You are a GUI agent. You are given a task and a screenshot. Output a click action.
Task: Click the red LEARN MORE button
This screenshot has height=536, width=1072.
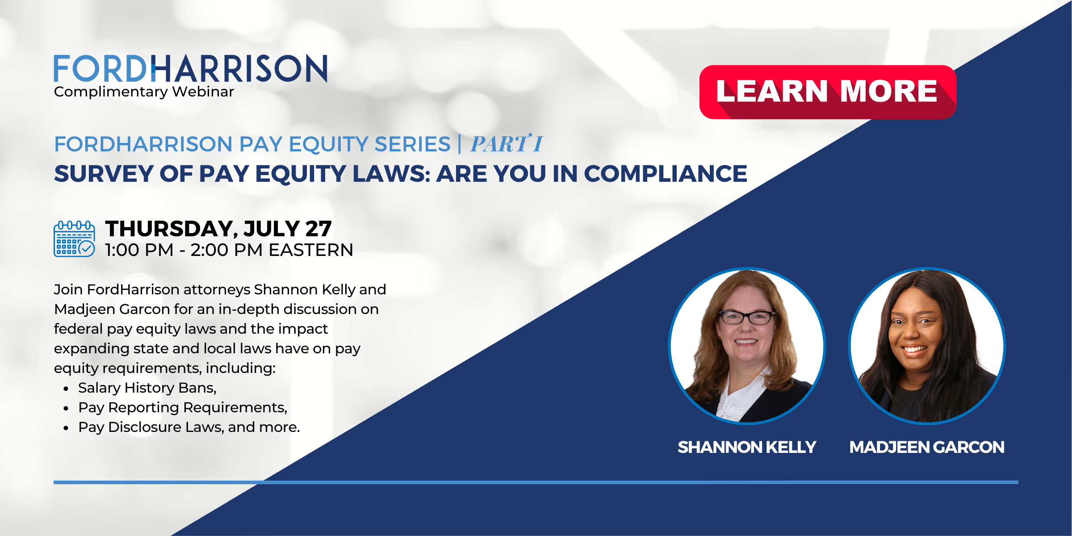[x=827, y=92]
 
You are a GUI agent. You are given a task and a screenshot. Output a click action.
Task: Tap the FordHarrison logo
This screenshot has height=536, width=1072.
[x=190, y=69]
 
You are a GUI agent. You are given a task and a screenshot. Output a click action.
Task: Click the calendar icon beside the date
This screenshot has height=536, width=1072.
[x=74, y=239]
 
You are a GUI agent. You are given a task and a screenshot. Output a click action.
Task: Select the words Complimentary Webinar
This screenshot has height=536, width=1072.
[x=144, y=92]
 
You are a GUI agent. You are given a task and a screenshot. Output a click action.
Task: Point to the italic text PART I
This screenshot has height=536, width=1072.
[x=507, y=144]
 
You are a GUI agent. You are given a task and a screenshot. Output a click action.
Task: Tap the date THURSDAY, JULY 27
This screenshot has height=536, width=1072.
[x=218, y=229]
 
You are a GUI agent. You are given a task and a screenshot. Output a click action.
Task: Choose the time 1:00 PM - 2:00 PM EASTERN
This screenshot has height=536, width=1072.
[x=229, y=250]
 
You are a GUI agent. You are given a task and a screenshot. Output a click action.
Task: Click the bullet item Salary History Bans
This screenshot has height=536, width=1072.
[x=147, y=388]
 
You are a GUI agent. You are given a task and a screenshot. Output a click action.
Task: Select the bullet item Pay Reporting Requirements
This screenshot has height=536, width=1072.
[x=182, y=407]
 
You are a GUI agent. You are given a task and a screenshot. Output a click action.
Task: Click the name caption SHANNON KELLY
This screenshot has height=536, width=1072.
[x=747, y=447]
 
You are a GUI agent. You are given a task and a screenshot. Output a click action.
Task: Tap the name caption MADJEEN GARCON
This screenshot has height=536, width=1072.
[x=927, y=447]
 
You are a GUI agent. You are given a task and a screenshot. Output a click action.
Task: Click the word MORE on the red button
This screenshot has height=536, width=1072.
[x=889, y=91]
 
